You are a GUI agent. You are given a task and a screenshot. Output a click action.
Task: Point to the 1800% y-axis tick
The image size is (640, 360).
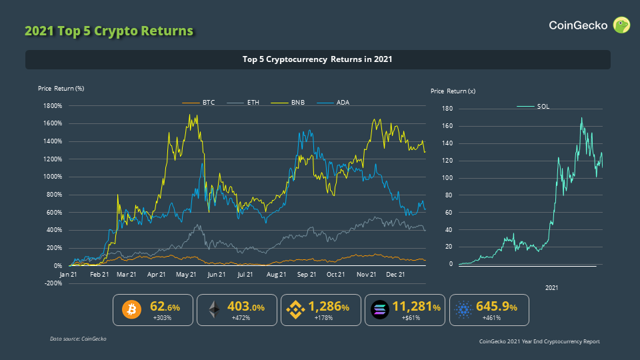coord(51,105)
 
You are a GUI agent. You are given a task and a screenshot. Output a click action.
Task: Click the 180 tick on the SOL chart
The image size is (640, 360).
coord(447,109)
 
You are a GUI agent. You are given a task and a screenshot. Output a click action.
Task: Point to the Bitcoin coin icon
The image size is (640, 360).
coord(132,309)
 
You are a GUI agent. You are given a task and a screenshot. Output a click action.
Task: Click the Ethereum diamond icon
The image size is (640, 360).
coord(215,309)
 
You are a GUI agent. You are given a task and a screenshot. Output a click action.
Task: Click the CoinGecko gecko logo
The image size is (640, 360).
coord(621,25)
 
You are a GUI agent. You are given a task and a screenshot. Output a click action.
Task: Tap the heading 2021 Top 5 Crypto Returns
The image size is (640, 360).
coord(109,31)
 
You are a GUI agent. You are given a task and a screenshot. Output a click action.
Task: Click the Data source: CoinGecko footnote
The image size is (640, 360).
coord(78,339)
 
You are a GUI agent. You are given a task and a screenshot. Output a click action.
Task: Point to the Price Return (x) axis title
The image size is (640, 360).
coord(453,91)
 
